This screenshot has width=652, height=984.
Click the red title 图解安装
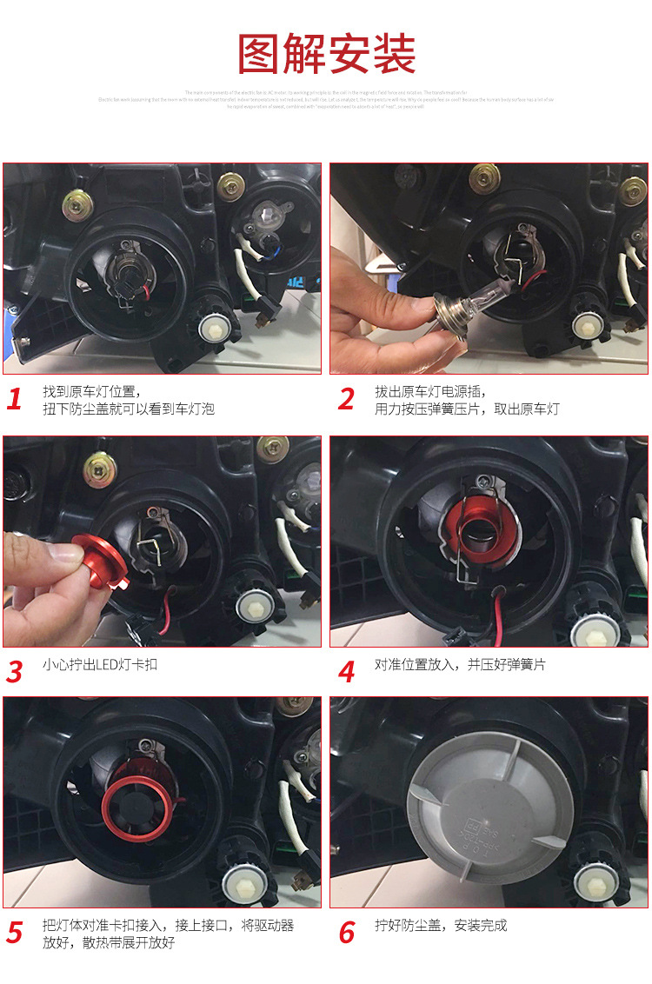tap(326, 54)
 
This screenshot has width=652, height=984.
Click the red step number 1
tap(14, 400)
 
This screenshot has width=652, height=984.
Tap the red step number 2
tap(346, 400)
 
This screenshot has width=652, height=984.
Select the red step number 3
tap(14, 672)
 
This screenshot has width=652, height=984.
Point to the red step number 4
tap(346, 672)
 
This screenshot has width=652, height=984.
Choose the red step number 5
tap(14, 933)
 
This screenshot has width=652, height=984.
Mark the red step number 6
tap(346, 933)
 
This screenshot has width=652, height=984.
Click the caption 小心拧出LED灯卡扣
tap(100, 665)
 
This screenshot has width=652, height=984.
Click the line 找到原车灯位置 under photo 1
tap(91, 391)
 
